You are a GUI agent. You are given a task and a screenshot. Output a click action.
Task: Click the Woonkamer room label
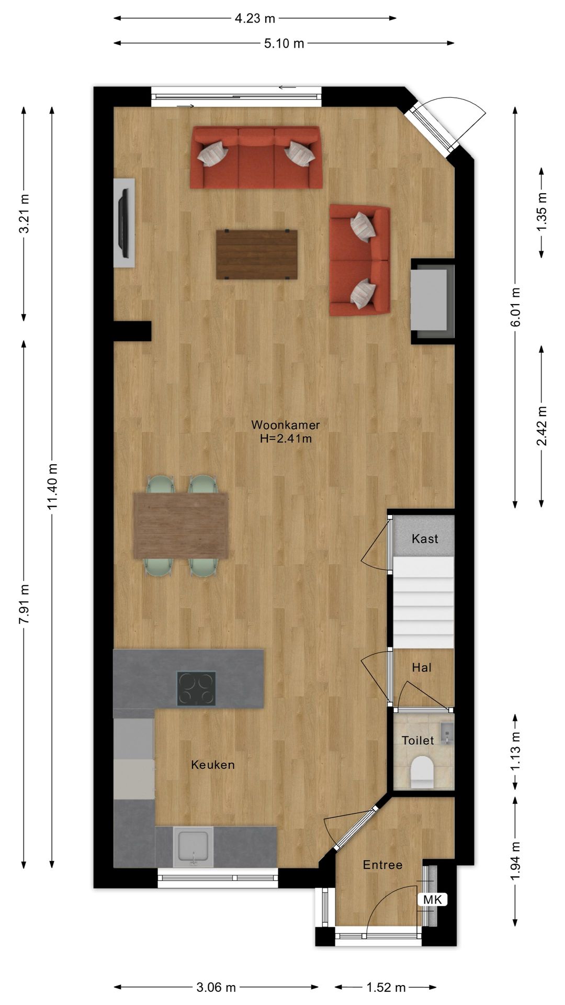pos(285,425)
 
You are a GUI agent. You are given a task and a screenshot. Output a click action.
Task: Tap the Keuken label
pos(213,765)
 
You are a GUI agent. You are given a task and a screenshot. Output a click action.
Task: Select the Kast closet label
pos(424,539)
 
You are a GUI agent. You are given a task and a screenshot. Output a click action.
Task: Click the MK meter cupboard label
pos(433,900)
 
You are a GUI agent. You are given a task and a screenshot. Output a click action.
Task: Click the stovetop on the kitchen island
pos(196,688)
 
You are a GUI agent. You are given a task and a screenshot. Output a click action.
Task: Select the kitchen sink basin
pos(194,847)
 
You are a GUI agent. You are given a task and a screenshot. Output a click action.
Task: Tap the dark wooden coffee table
pos(257,254)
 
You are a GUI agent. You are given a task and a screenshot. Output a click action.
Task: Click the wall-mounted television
pos(125,223)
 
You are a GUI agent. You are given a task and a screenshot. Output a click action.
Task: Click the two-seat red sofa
pos(359,261)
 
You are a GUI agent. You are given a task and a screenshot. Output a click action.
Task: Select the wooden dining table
pos(181,526)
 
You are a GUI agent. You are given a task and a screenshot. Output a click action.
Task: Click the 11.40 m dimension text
pos(52,487)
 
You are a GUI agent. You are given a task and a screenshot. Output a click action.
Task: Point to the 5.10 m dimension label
pos(284,43)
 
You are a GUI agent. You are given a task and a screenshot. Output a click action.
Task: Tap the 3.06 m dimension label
pos(216,988)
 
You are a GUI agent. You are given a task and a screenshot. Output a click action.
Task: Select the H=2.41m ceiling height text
pos(286,439)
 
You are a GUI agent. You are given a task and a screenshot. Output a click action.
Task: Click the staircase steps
pos(423,602)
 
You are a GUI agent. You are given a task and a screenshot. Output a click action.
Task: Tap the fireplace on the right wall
pos(432,301)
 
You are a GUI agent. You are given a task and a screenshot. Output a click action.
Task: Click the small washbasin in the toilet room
pos(446,733)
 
